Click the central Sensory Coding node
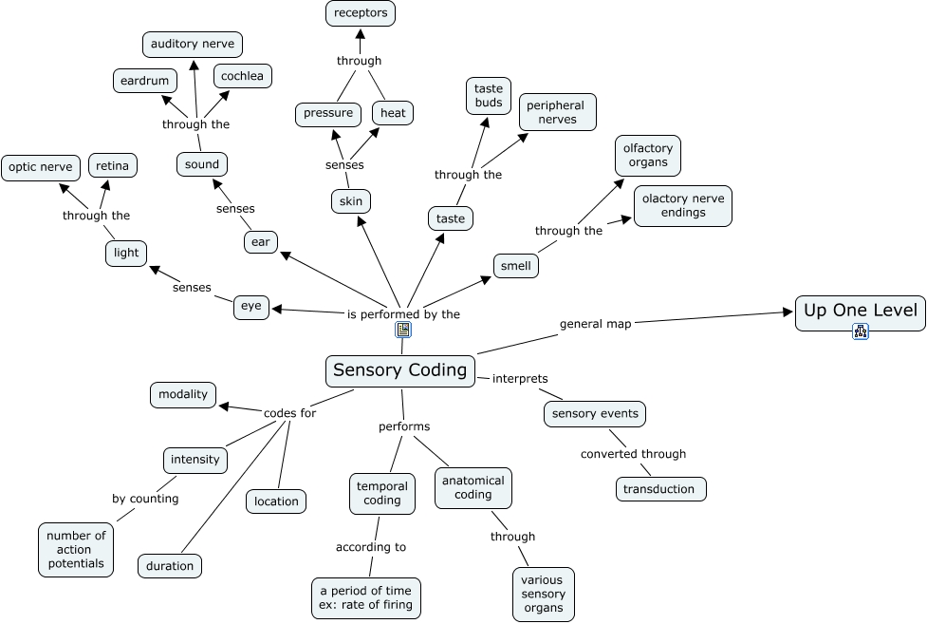point(400,370)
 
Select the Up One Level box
point(860,310)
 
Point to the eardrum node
point(144,81)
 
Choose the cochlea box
point(242,76)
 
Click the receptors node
point(360,13)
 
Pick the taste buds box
point(489,96)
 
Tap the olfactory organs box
point(647,156)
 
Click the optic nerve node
point(40,167)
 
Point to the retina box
point(113,166)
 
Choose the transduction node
point(660,489)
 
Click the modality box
point(183,395)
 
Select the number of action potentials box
point(75,549)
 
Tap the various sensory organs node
point(543,594)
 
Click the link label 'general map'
point(595,324)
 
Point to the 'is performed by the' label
point(403,313)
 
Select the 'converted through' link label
point(633,454)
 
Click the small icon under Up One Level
point(861,331)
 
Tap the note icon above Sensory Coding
point(403,331)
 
